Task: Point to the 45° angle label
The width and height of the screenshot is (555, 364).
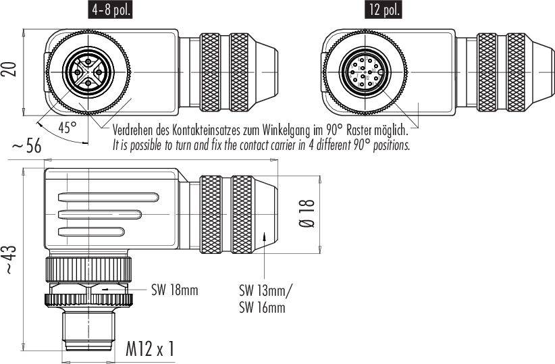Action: (67, 128)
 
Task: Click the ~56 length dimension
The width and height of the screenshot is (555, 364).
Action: (26, 147)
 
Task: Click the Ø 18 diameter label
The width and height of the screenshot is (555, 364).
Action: (308, 213)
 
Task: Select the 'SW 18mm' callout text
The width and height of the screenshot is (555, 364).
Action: (175, 290)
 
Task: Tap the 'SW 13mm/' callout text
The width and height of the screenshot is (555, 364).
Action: (265, 291)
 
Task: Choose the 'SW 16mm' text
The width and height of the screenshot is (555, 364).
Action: (262, 307)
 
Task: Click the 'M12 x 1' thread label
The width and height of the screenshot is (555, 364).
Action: (150, 349)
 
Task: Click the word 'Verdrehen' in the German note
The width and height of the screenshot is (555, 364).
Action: (133, 130)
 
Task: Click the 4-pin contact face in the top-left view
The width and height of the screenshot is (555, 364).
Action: (88, 72)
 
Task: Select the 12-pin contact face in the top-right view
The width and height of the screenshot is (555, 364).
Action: (365, 72)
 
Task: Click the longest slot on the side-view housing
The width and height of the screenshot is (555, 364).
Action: (108, 197)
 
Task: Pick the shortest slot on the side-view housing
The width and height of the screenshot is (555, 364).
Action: (91, 232)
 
